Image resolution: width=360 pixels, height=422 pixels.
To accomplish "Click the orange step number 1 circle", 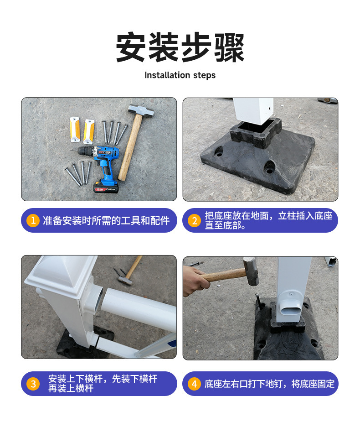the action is tap(33, 220).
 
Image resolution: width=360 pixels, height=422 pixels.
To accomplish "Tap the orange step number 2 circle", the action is tap(195, 221).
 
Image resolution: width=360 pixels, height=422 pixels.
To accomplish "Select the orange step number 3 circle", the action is tap(33, 384).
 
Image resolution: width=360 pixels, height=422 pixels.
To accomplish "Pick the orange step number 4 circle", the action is tap(195, 384).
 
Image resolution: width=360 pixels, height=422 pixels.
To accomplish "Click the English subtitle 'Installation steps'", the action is tap(180, 75).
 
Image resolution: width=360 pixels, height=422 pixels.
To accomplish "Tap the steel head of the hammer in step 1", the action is tap(141, 110).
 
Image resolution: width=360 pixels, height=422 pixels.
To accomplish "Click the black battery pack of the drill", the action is tap(106, 186).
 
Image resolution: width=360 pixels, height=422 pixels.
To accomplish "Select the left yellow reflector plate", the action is tap(75, 129).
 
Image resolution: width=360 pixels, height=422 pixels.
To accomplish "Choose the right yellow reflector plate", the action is tap(89, 131).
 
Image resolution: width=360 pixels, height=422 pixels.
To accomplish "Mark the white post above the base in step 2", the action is tap(253, 111).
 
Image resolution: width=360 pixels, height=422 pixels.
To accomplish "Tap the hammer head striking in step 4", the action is tap(251, 271).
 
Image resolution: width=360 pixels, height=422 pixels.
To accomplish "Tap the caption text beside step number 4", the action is tap(269, 384).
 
